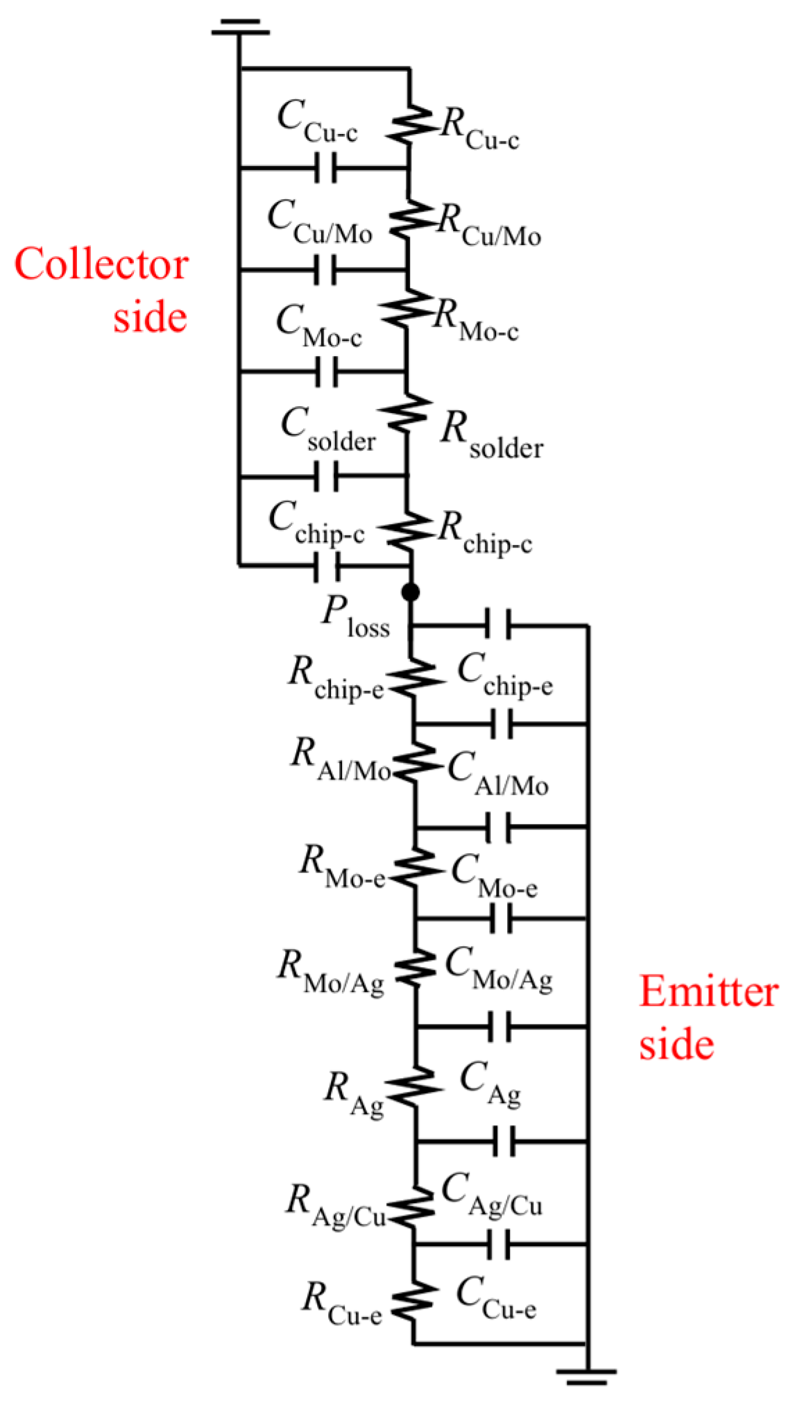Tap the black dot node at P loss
coord(411,592)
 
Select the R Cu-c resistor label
coord(479,130)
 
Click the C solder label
coord(328,430)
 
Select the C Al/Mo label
coord(497,774)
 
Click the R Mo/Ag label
coord(331,972)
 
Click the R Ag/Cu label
coord(336,1206)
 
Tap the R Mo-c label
coord(476,322)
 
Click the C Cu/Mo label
coord(320,222)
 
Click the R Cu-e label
coord(341,1303)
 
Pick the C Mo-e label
coord(494,877)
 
